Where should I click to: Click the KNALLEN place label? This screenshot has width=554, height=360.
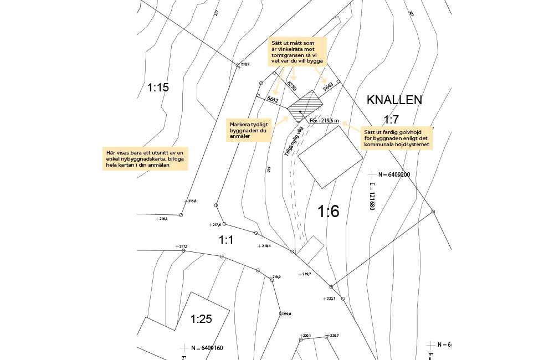pyautogui.click(x=394, y=100)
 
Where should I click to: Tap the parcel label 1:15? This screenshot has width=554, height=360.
pyautogui.click(x=158, y=88)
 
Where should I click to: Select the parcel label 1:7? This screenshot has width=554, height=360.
pyautogui.click(x=391, y=119)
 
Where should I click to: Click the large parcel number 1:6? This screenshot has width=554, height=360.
pyautogui.click(x=328, y=211)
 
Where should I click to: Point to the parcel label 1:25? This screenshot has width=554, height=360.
pyautogui.click(x=202, y=319)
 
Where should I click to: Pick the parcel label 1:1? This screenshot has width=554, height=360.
pyautogui.click(x=226, y=240)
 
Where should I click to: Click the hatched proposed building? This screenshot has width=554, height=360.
pyautogui.click(x=305, y=106)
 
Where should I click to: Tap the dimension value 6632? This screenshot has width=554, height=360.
pyautogui.click(x=273, y=100)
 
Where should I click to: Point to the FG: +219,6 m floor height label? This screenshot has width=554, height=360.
pyautogui.click(x=324, y=120)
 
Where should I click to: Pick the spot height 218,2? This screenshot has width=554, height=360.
pyautogui.click(x=245, y=64)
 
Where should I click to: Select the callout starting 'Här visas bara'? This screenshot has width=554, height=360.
pyautogui.click(x=147, y=159)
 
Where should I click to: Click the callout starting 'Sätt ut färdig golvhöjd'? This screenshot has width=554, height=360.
pyautogui.click(x=397, y=138)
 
